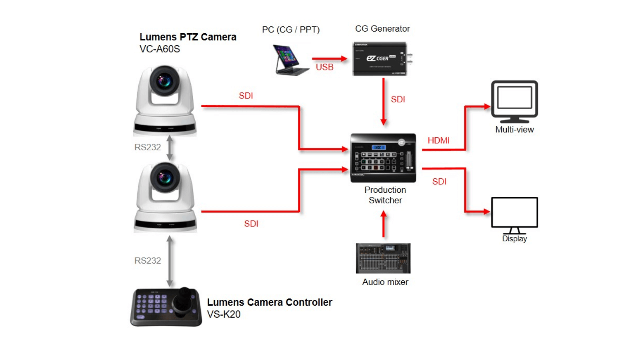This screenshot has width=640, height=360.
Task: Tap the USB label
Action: tap(324, 67)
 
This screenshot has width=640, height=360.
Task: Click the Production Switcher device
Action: tap(383, 158)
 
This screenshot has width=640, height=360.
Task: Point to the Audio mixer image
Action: tap(383, 258)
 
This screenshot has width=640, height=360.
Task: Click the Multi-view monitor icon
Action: tap(514, 101)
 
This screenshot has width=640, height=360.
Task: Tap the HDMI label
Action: tap(438, 140)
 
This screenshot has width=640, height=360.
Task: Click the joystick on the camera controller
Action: tap(184, 298)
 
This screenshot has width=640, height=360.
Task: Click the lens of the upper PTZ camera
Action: tap(164, 81)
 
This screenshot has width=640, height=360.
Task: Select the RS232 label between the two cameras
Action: tap(148, 147)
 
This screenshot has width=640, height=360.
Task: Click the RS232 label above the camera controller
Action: tap(148, 261)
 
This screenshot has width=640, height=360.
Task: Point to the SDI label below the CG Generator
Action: tap(398, 100)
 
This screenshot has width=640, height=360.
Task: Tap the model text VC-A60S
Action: tap(160, 49)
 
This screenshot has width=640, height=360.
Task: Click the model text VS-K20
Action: tap(224, 314)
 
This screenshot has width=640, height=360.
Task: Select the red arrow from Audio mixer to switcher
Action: tap(384, 224)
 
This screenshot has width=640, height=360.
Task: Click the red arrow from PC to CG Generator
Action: tap(329, 58)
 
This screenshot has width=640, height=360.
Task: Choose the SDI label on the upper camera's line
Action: tap(246, 96)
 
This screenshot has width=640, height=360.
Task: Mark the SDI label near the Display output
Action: tap(439, 182)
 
